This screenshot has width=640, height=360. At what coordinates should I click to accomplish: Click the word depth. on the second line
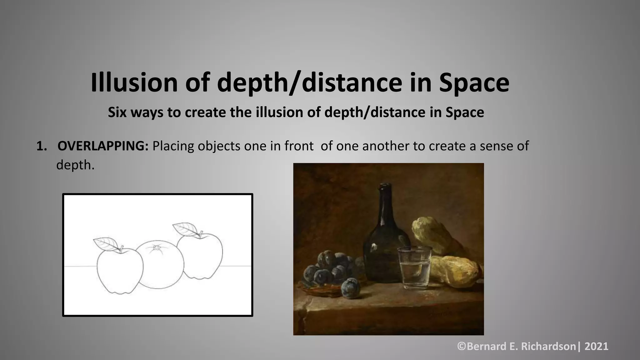pyautogui.click(x=75, y=165)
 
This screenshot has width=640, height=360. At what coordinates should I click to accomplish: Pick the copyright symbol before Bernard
pyautogui.click(x=462, y=346)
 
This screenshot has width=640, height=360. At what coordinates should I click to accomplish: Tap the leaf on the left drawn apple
pyautogui.click(x=106, y=243)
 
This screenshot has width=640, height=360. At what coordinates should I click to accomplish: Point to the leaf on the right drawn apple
pyautogui.click(x=185, y=228)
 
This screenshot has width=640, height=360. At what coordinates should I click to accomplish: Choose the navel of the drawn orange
pyautogui.click(x=156, y=247)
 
